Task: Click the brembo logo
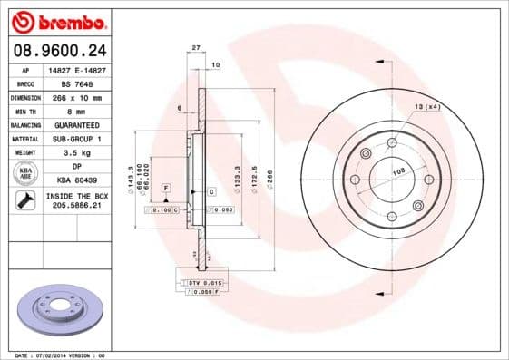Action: tap(60, 20)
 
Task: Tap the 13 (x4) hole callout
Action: tap(426, 108)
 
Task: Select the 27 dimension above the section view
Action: tap(196, 47)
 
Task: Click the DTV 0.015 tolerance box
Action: tap(204, 284)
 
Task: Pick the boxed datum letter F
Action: tap(167, 187)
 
